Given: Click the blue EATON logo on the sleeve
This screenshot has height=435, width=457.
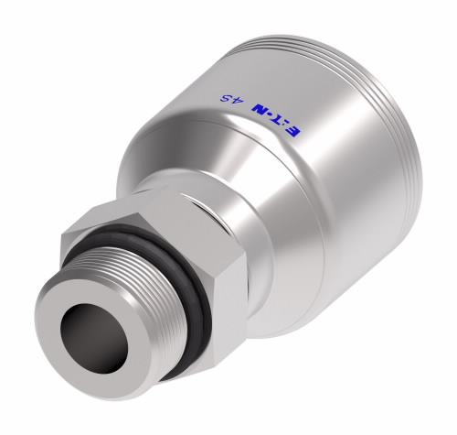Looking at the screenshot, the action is click(x=276, y=120).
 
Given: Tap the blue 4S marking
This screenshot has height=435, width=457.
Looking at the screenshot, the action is click(x=231, y=100).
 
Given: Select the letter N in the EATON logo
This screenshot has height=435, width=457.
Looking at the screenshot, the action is click(x=259, y=109).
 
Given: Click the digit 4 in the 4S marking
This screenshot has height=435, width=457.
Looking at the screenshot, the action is click(x=239, y=102).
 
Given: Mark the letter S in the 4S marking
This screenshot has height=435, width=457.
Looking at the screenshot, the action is click(x=225, y=98).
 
